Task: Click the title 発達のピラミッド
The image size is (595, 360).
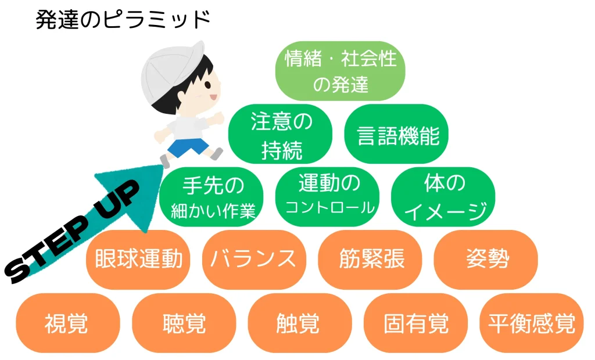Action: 123,20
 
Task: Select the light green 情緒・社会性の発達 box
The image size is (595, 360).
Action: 340,71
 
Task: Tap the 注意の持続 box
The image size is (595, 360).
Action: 281,135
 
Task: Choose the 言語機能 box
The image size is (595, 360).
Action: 397,135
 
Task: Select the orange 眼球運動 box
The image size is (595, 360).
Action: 138,260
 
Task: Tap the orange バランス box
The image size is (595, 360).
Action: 253,260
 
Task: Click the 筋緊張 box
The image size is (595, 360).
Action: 370,260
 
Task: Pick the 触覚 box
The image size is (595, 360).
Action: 299,323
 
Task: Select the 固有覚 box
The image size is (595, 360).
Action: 415,323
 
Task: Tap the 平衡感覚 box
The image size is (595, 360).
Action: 531,323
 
